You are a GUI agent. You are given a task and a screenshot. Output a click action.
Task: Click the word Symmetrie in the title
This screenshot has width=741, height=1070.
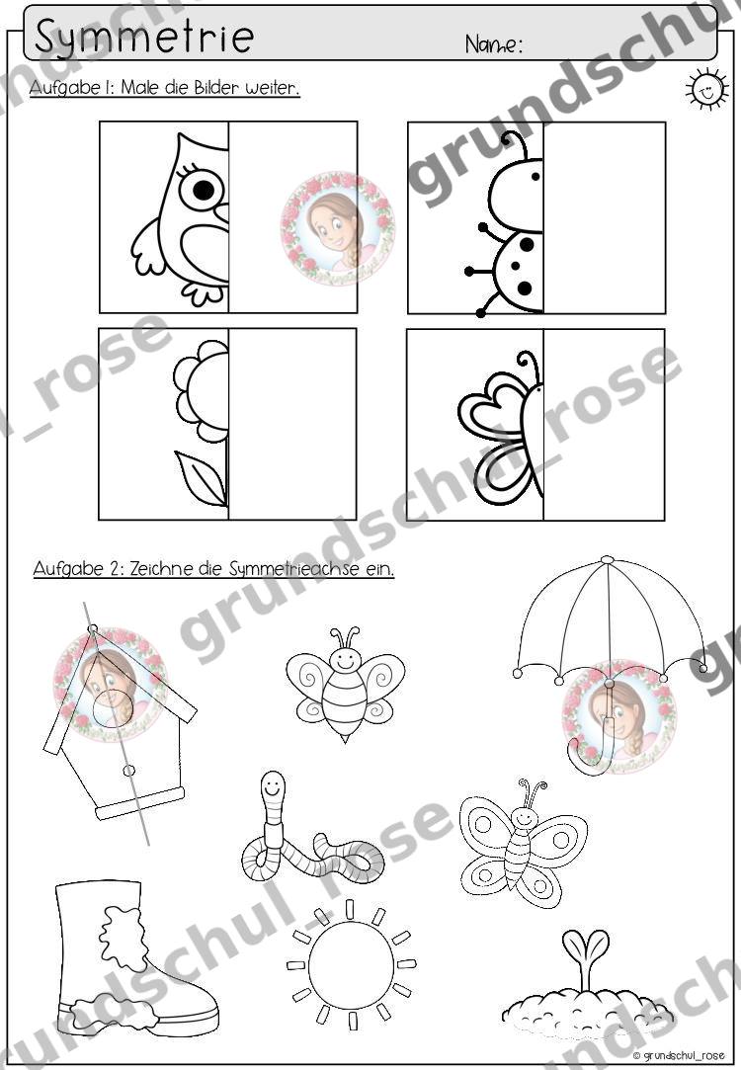(x=144, y=37)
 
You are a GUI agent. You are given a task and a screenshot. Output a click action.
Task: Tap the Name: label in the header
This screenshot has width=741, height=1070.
(x=494, y=44)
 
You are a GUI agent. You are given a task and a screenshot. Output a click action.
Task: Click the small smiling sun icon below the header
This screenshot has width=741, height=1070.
(x=705, y=89)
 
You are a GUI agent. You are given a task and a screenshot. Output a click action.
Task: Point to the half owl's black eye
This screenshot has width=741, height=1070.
(x=203, y=189)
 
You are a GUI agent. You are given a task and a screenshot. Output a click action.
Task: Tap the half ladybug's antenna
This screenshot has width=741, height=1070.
(x=517, y=146)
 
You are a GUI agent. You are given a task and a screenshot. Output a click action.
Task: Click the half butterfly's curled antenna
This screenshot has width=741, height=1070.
(x=529, y=366)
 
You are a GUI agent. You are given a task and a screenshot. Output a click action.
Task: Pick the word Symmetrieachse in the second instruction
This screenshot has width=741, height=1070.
(x=293, y=569)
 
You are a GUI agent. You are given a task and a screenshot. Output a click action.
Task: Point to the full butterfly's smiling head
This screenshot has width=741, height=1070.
(x=524, y=816)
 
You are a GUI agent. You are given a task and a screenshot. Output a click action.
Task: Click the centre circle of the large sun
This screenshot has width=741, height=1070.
(x=351, y=965)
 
